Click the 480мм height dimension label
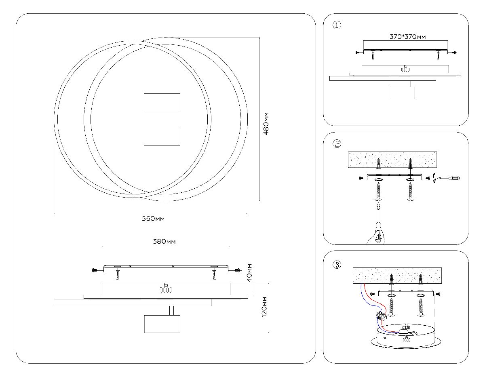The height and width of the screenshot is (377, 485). (266, 123)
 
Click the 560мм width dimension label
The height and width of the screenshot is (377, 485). (153, 219)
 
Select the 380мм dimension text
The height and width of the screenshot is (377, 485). (164, 242)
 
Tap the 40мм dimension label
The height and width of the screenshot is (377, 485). (249, 273)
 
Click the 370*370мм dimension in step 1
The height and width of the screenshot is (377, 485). (407, 37)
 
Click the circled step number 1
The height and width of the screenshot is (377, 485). (337, 25)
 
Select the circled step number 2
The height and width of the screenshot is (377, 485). (337, 144)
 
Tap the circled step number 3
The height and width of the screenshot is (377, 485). (337, 265)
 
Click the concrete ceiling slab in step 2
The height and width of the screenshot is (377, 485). (392, 160)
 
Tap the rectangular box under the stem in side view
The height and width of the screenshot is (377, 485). (162, 324)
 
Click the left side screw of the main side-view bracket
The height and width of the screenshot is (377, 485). (95, 270)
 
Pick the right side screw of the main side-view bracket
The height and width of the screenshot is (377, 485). (238, 270)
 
